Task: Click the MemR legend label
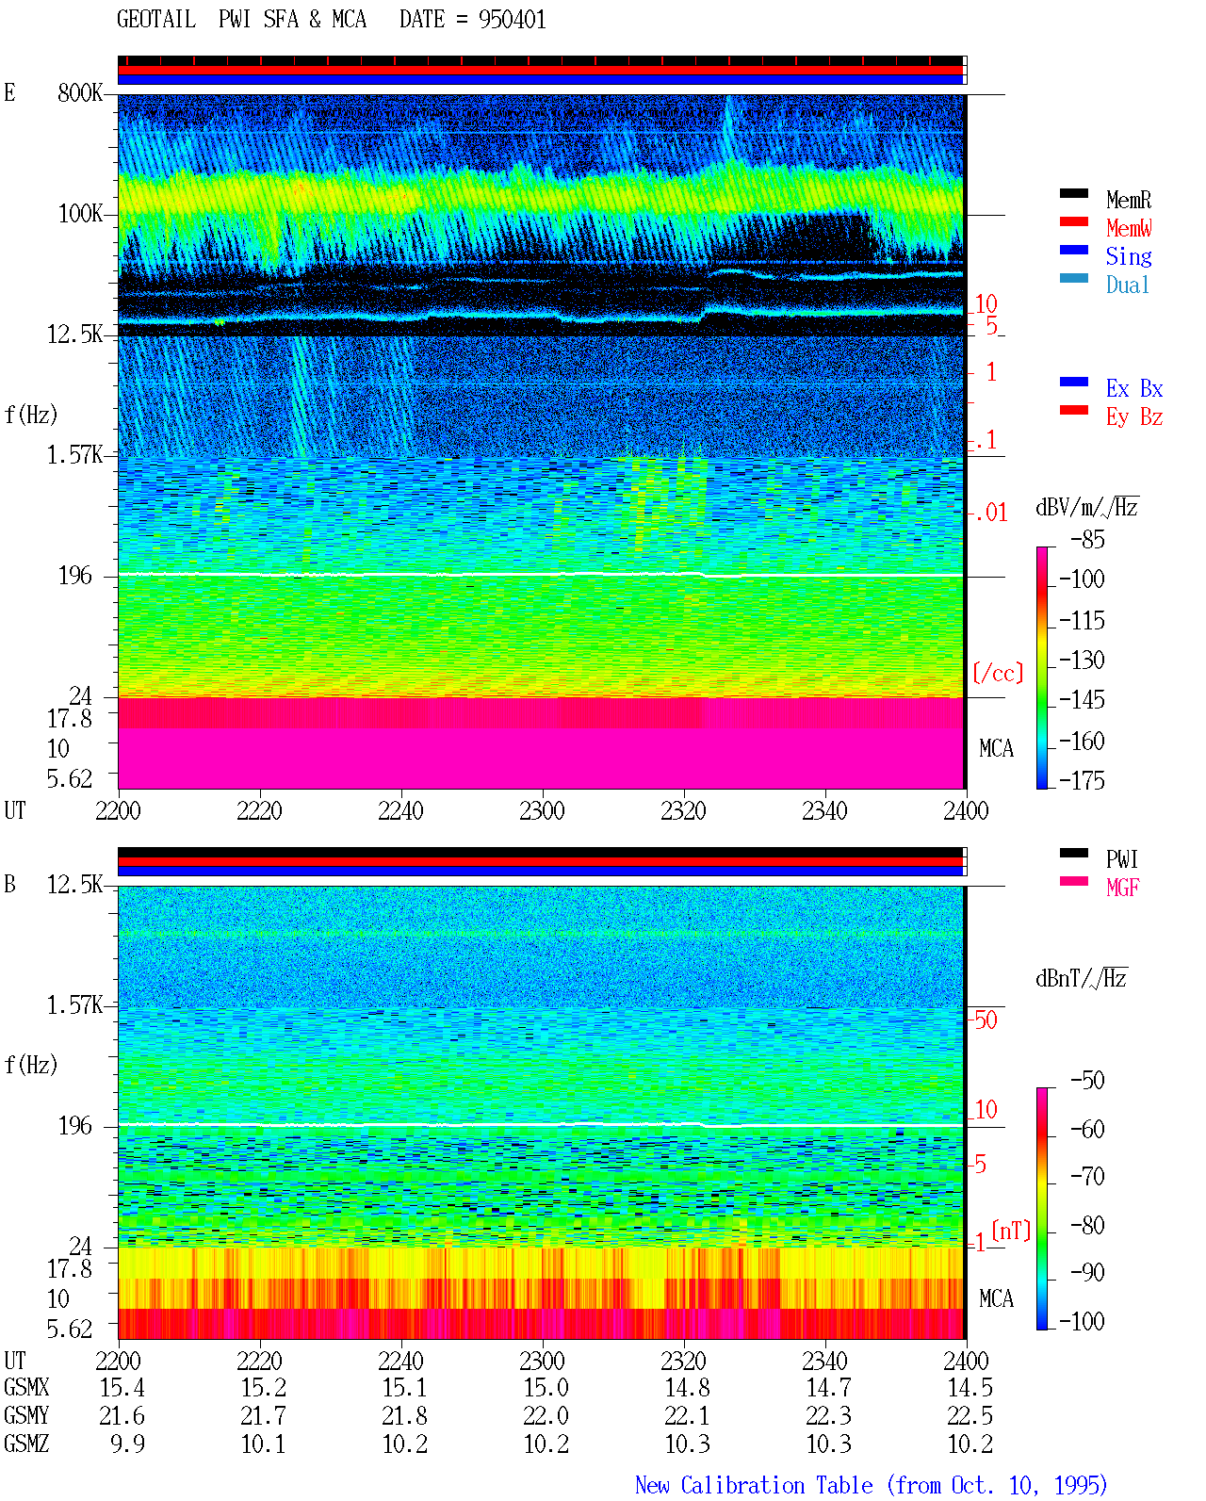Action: (1129, 200)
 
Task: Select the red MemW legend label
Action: (1129, 228)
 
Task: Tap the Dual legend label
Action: (1128, 285)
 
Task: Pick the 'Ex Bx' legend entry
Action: (1134, 388)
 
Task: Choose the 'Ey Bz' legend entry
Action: (1134, 417)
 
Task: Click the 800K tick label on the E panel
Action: (80, 92)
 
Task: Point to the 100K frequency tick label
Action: (80, 214)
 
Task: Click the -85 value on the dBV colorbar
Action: (1087, 540)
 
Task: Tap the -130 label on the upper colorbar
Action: (1082, 660)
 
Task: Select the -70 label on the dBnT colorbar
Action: (1087, 1176)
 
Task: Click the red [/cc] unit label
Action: (998, 673)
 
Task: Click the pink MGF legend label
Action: (1123, 888)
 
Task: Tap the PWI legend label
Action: (1121, 858)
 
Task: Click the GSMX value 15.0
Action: (546, 1387)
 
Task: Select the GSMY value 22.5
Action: (970, 1415)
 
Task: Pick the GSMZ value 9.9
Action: (127, 1444)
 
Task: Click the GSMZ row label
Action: (26, 1444)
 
